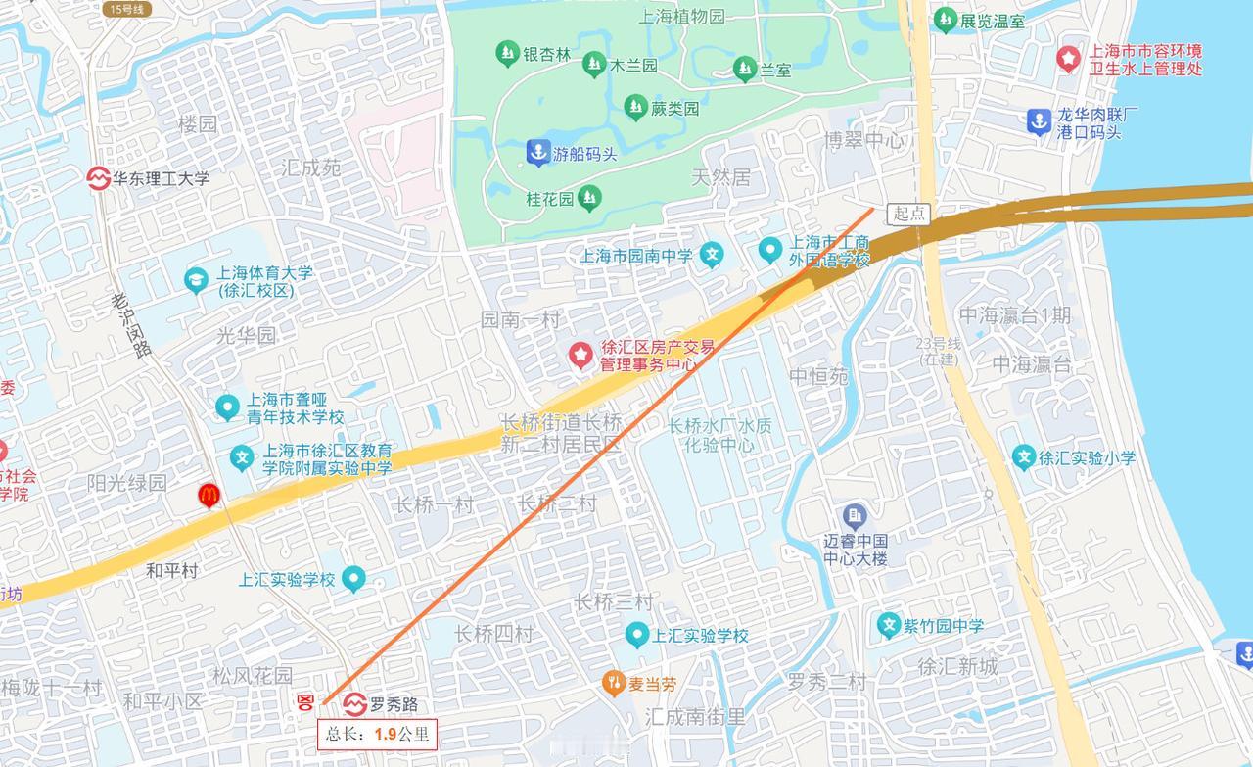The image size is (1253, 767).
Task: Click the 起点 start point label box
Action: [x=908, y=214]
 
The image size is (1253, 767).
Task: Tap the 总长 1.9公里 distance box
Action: [x=376, y=734]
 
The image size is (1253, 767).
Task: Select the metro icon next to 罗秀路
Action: [x=355, y=704]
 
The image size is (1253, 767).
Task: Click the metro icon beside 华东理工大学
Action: [x=98, y=178]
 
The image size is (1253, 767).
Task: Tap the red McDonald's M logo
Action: [x=209, y=496]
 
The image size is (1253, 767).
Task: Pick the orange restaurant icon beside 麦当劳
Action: [x=614, y=684]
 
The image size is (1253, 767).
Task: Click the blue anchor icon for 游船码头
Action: [x=537, y=153]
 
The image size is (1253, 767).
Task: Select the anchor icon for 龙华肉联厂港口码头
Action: [x=1038, y=121]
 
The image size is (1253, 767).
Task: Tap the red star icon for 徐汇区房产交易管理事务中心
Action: [x=581, y=355]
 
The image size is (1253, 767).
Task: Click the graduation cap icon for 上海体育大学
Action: [x=197, y=280]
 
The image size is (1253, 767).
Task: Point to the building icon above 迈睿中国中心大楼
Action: [x=855, y=514]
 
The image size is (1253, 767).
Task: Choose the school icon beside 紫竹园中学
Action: [x=889, y=625]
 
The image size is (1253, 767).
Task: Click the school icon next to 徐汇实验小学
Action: [x=1023, y=457]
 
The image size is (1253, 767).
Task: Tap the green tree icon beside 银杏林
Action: [x=506, y=54]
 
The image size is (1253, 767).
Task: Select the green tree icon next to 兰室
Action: [x=744, y=69]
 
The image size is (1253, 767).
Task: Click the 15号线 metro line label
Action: [x=126, y=9]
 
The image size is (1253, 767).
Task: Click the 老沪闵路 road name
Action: [x=130, y=324]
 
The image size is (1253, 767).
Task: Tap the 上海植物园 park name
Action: [x=682, y=17]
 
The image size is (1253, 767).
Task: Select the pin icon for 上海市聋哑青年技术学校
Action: [x=227, y=407]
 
